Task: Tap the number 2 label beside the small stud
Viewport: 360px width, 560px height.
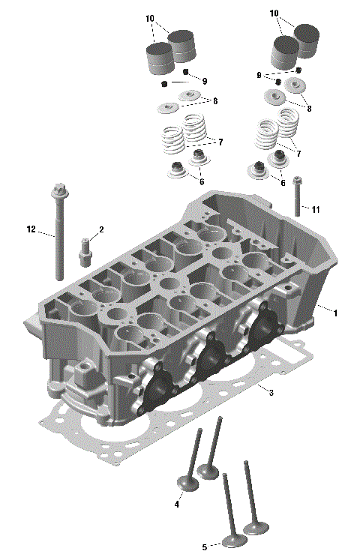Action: (100, 229)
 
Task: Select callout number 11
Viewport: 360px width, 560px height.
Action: (316, 209)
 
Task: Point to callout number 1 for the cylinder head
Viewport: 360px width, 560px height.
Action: (335, 313)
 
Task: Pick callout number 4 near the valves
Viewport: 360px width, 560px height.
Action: (177, 505)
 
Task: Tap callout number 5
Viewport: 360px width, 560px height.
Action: (204, 547)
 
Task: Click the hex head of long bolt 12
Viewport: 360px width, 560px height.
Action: (58, 190)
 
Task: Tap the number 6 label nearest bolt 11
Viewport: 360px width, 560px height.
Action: (283, 182)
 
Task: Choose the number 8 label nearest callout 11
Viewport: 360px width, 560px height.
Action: (307, 107)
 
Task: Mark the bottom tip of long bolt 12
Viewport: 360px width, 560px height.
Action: (58, 277)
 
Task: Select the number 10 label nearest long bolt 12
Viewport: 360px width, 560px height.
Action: (150, 17)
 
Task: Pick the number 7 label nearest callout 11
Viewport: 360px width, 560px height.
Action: (298, 153)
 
